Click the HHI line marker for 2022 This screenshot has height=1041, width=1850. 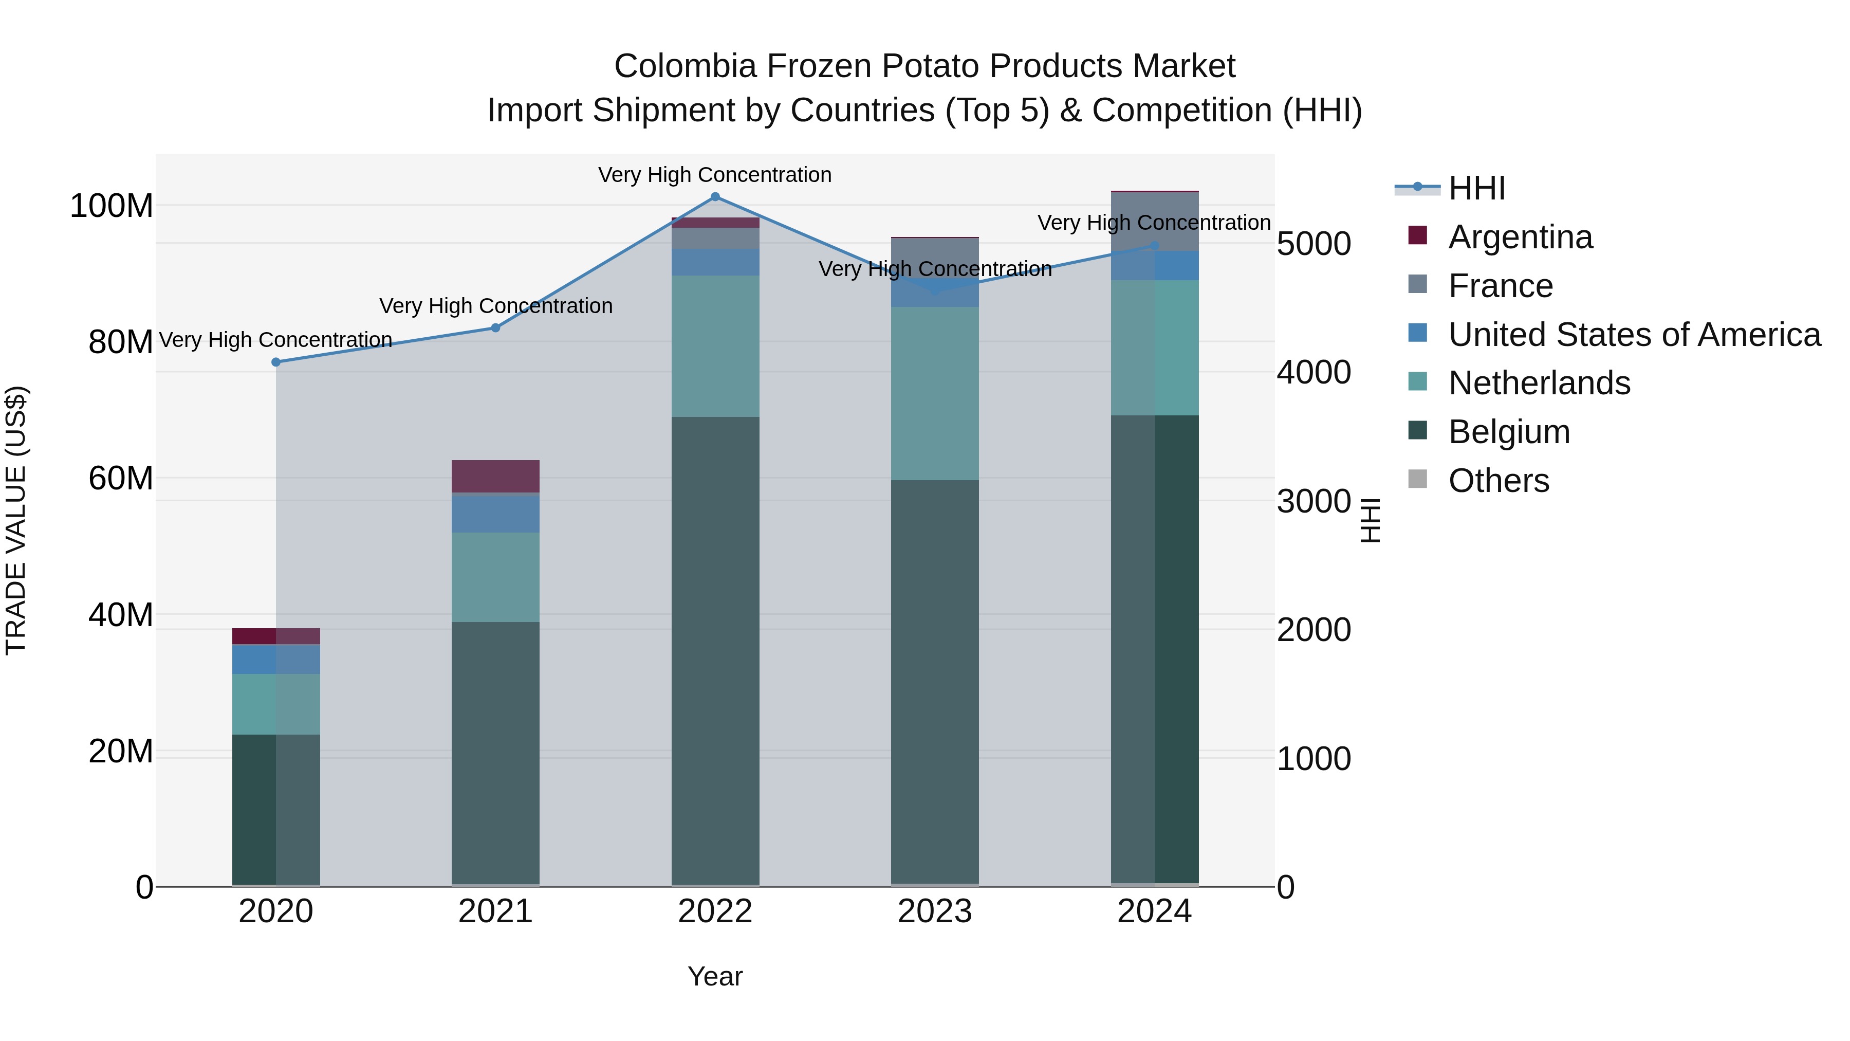[715, 197]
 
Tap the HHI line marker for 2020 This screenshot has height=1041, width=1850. [276, 362]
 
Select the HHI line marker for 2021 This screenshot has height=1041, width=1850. [495, 327]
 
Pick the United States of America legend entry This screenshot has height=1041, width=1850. [1634, 335]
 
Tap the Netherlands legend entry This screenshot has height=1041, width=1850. [1539, 383]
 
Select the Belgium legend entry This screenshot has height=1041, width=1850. [1509, 432]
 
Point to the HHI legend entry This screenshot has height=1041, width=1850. [1476, 188]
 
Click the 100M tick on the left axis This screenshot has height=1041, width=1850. [112, 206]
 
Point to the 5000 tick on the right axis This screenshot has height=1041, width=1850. [1313, 244]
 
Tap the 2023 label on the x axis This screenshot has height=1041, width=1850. [934, 911]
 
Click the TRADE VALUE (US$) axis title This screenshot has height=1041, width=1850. [16, 520]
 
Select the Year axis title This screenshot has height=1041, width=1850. [715, 976]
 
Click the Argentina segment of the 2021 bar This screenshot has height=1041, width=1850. [495, 476]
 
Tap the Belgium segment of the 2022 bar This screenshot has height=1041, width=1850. [715, 650]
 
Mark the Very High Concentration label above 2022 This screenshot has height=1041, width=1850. [715, 175]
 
